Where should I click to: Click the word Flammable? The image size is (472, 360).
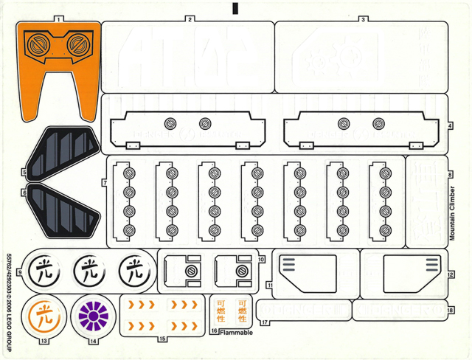coord(237,333)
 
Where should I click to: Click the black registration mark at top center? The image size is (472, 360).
coord(236,8)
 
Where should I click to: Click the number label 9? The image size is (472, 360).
coord(20,274)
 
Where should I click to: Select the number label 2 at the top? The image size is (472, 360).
coord(190,18)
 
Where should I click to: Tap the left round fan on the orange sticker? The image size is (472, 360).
coord(35,46)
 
